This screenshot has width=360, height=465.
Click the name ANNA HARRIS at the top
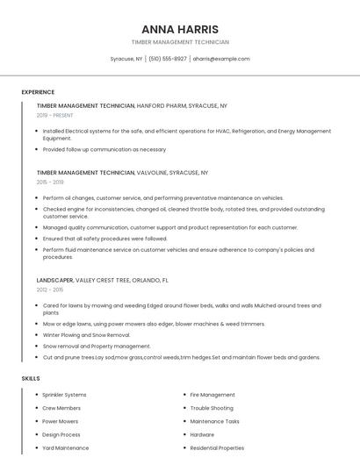[180, 29]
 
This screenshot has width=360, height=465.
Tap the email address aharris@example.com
[220, 59]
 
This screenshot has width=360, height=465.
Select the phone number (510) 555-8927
[168, 59]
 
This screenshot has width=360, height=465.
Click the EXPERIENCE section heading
[38, 92]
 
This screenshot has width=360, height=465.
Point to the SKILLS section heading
[31, 378]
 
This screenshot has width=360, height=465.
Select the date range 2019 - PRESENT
[55, 115]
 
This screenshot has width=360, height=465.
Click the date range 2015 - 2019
[50, 182]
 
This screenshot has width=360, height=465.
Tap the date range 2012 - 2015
[50, 290]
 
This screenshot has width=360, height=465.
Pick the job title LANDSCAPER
[55, 280]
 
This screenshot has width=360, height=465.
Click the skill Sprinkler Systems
[64, 395]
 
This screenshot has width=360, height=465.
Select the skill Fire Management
[212, 395]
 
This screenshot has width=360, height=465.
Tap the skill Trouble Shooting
[212, 408]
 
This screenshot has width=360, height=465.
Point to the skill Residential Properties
[217, 447]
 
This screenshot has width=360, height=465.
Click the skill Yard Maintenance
[66, 447]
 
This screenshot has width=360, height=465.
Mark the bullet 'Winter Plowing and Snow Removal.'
[86, 335]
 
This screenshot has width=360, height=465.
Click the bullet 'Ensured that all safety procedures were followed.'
[104, 238]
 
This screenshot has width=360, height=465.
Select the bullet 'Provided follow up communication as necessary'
[104, 149]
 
